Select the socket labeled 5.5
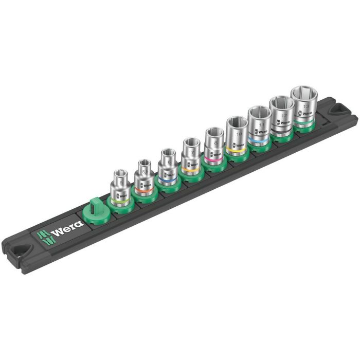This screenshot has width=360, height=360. point(144,177)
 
